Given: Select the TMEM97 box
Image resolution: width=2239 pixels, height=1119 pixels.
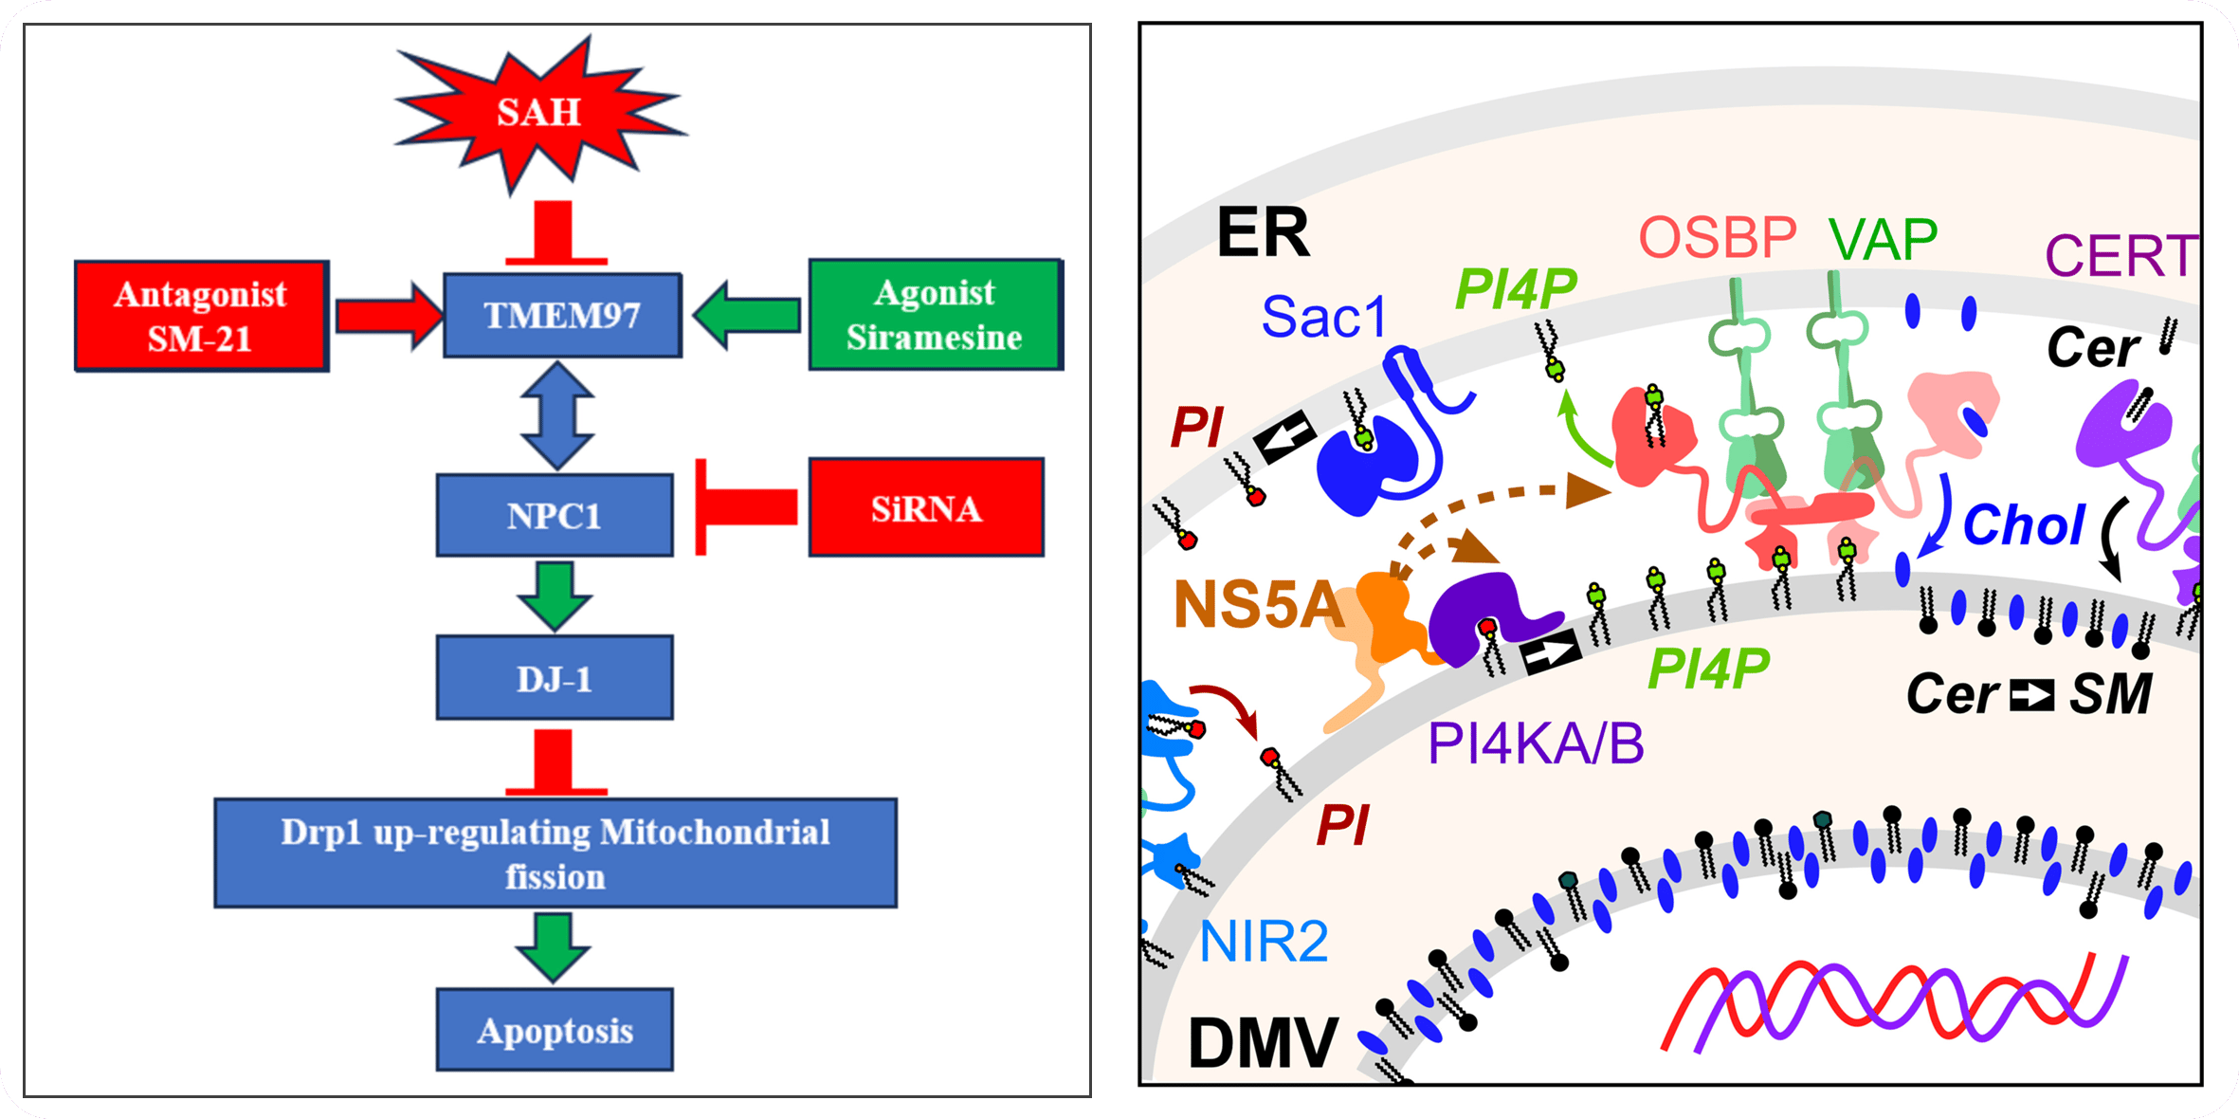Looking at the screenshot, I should (562, 315).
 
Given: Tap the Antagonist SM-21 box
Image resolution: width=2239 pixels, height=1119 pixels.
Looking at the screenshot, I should (201, 316).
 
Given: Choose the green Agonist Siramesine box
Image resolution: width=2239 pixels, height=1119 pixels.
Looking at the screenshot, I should (935, 314).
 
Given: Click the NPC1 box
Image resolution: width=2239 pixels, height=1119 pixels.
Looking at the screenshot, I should (555, 515).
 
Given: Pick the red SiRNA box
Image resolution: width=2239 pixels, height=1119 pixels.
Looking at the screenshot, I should (926, 508).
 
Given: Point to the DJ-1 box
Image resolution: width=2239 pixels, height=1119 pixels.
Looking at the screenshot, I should (555, 678).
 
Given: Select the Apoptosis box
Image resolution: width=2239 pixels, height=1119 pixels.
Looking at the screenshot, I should (555, 1030).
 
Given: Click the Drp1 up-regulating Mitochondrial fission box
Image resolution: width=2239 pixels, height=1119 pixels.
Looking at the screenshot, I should (555, 853).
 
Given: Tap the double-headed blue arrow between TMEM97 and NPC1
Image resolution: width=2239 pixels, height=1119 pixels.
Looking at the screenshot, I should (558, 415).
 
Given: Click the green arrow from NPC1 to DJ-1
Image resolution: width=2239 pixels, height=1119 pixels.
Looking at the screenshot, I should (555, 596).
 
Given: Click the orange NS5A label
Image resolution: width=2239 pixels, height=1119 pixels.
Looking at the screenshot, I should (1258, 604).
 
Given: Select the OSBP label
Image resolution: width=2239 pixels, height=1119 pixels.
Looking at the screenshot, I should (1718, 237).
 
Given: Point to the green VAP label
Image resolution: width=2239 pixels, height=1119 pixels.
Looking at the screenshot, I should (1884, 239).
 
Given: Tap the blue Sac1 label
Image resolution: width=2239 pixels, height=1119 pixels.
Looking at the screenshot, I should (1324, 317).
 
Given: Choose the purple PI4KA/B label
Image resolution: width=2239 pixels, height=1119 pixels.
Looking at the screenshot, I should (1536, 743).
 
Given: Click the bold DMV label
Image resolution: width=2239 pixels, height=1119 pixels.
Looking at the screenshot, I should (1262, 1043).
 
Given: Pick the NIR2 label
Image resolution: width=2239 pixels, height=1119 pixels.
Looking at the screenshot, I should (1264, 941).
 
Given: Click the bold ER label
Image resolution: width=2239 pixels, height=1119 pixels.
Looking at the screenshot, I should (1263, 232).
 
